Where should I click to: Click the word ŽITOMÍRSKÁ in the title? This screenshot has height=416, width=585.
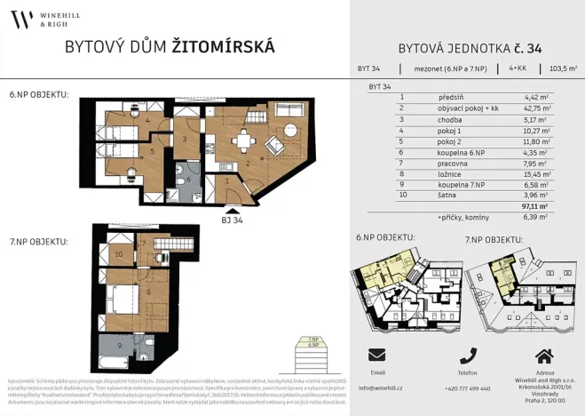223,46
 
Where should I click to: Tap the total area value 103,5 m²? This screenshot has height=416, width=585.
563,68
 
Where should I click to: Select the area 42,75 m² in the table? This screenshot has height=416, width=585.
536,108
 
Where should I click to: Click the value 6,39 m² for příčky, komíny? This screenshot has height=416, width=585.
537,217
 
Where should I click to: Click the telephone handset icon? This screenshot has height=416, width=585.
468,355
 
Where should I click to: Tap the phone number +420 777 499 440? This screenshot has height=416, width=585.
467,388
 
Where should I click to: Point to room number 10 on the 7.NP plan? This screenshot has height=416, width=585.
119,254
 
